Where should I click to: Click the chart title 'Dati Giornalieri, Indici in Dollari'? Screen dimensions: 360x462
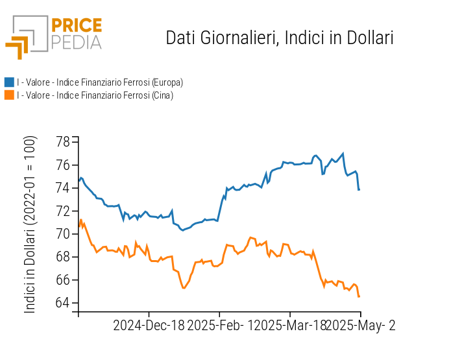(x=280, y=38)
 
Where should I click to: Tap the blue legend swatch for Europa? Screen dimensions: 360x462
(x=9, y=82)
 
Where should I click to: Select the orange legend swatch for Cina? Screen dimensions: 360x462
(x=9, y=95)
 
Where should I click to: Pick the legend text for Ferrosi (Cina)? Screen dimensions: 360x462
(x=95, y=95)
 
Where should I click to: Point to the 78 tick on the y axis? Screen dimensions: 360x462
(x=63, y=142)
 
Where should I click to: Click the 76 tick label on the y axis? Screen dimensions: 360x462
(x=63, y=165)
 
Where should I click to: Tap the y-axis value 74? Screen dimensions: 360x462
(x=63, y=188)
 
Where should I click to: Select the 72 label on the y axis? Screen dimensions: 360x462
(x=63, y=211)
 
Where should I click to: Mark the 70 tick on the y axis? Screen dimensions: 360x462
(x=63, y=234)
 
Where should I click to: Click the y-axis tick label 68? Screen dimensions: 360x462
(x=63, y=257)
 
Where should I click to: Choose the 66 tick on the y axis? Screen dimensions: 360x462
(x=63, y=280)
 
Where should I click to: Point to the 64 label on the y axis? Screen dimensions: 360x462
(x=63, y=303)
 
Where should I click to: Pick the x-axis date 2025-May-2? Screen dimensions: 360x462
(x=361, y=326)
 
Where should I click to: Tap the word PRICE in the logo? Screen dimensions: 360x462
(x=77, y=25)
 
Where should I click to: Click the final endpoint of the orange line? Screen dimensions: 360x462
(x=359, y=296)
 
